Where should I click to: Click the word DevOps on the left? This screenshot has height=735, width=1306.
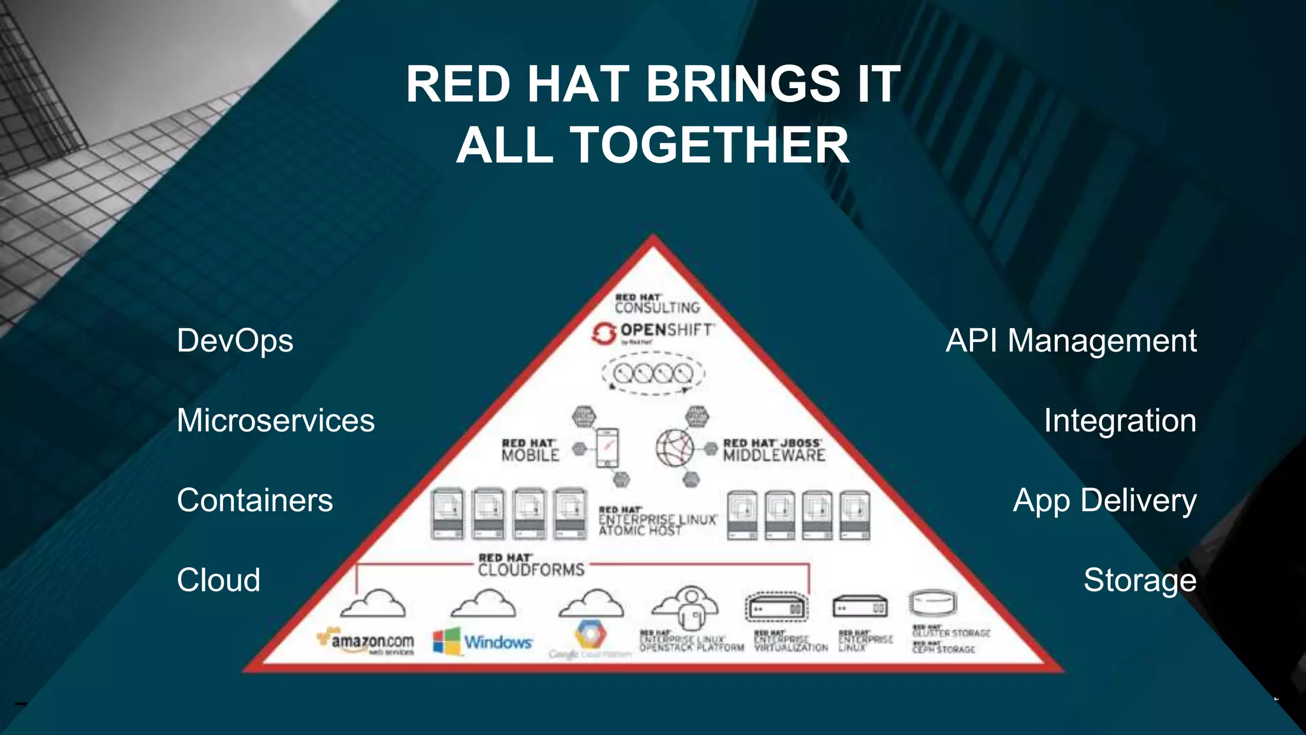point(235,341)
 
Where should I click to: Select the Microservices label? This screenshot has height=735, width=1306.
point(275,421)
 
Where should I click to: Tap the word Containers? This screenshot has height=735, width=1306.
point(254,501)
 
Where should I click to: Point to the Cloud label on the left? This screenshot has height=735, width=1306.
point(218,581)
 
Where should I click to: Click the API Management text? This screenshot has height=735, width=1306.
point(1071,341)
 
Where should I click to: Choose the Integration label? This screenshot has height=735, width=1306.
point(1120,421)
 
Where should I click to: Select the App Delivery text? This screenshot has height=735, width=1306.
point(1104,501)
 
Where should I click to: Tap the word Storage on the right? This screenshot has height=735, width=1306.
point(1140,581)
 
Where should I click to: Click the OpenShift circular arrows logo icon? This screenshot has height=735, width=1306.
point(603,333)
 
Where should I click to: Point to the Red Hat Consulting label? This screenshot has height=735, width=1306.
point(656,304)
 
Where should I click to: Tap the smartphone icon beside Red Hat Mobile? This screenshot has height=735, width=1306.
point(606,448)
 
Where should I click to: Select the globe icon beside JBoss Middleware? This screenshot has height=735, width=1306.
point(675,448)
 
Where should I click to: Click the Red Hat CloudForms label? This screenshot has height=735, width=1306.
point(531,565)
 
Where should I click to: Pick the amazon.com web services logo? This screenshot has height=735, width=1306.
point(366,641)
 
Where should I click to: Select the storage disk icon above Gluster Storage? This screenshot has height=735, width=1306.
point(933,602)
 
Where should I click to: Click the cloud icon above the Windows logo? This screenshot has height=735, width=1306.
point(483,604)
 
